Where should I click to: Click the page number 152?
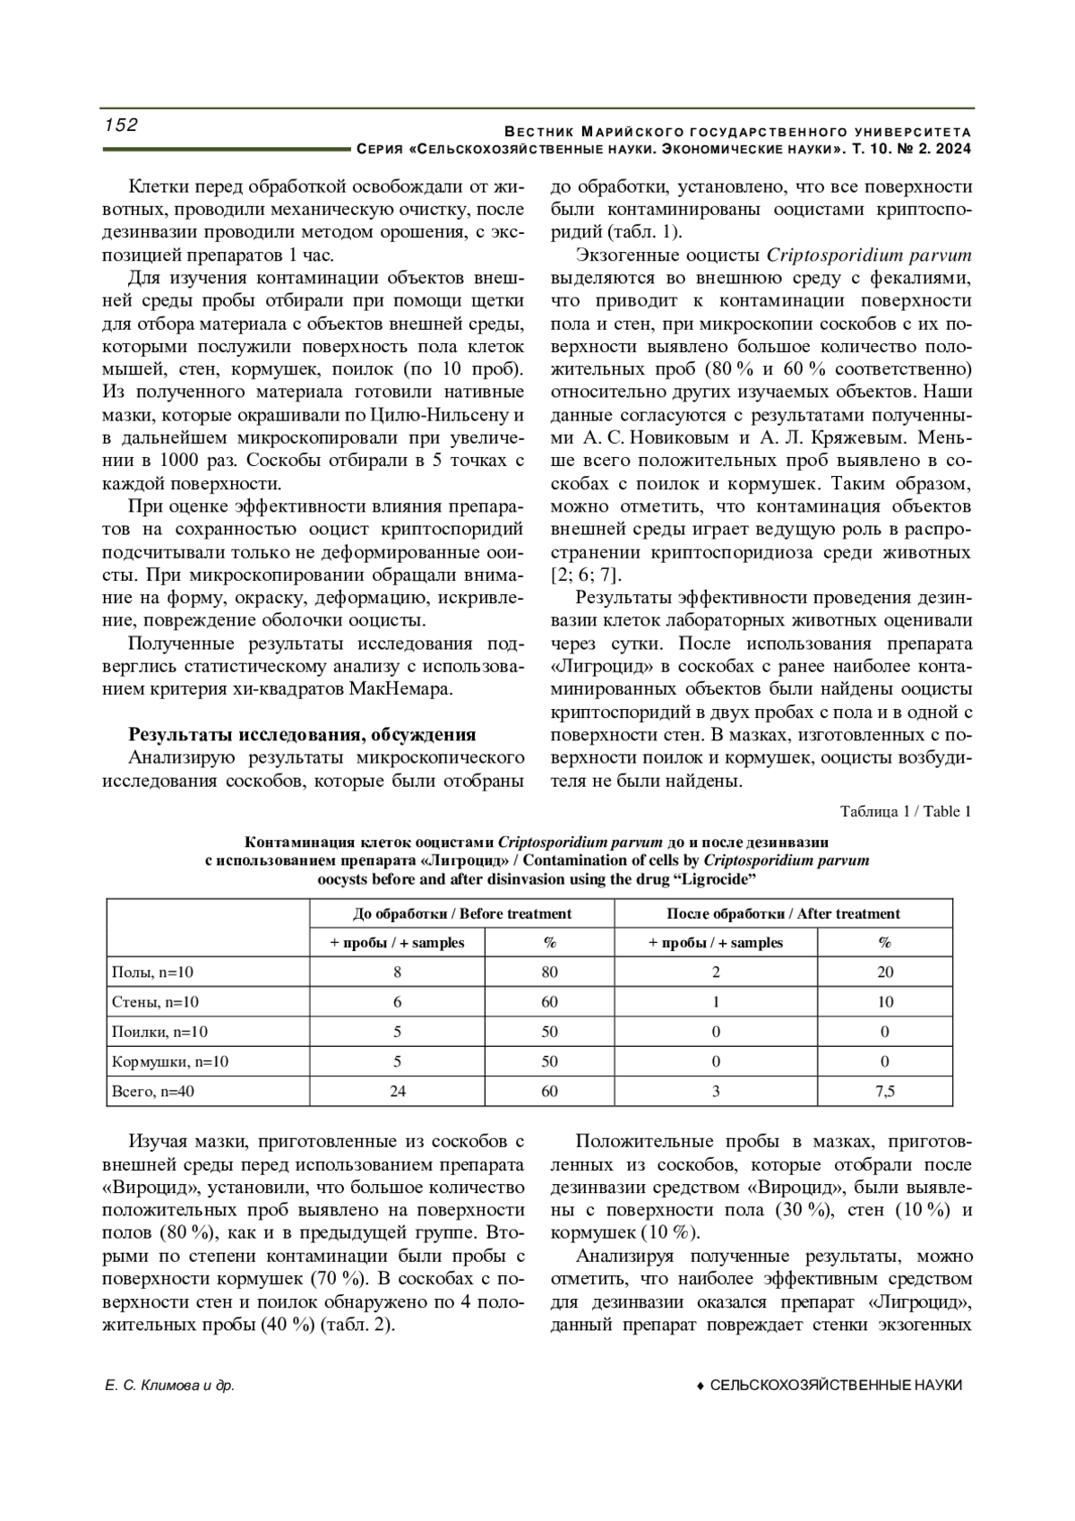coord(122,125)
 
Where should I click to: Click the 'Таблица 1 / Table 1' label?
coord(906,812)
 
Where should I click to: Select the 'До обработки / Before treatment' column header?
coord(461,913)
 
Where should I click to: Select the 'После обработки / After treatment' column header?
coord(783,913)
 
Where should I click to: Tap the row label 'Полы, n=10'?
coord(152,972)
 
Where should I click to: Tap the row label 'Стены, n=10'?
coord(155,1002)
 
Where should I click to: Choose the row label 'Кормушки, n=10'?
coord(169,1061)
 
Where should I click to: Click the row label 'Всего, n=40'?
coord(152,1091)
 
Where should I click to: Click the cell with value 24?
coord(397,1091)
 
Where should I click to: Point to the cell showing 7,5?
coord(884,1091)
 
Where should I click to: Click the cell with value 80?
coord(549,972)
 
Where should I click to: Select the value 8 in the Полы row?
coord(397,972)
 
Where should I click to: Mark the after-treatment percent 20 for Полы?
coord(884,972)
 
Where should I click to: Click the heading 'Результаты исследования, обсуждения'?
coord(302,735)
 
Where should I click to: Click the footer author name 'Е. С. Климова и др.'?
coord(170,1386)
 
